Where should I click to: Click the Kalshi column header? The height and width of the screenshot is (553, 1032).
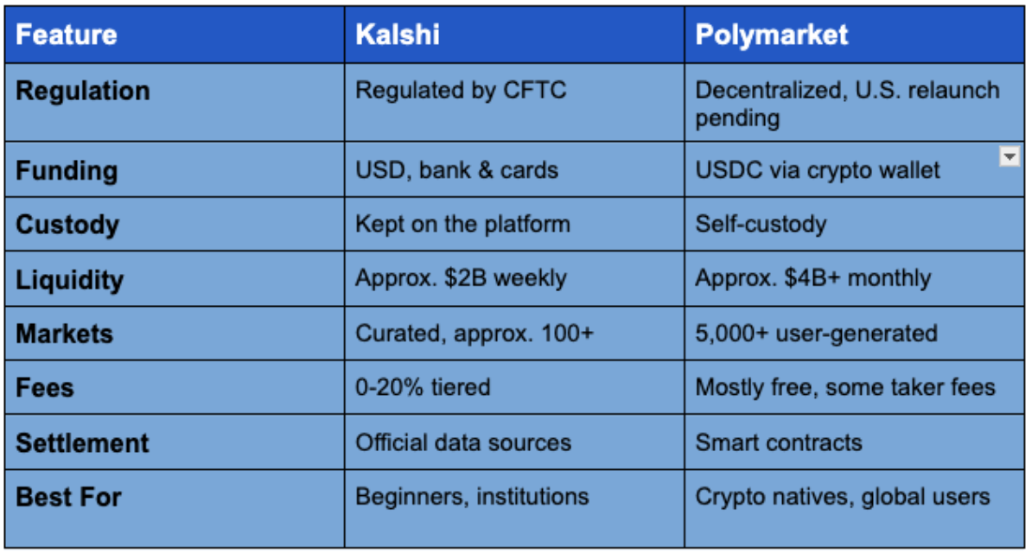398,35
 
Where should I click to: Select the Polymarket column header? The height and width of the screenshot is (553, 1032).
772,35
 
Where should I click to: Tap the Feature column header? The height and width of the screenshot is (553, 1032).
67,35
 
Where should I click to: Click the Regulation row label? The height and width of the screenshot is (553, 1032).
83,91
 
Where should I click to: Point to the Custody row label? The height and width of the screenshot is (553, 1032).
67,225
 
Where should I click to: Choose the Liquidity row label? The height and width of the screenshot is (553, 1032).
70,279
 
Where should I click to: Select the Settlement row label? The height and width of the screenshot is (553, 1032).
83,443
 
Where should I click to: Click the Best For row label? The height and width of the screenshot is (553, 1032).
69,498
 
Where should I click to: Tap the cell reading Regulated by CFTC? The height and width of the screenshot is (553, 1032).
461,90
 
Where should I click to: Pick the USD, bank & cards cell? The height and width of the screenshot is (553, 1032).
456,170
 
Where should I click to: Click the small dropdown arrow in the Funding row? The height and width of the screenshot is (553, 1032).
1009,156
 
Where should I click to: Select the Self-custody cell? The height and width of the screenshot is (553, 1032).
761,225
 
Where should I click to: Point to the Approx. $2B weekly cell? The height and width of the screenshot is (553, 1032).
461,278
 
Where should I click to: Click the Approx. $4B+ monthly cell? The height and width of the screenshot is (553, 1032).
812,278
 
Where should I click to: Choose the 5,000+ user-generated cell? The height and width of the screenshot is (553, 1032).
816,333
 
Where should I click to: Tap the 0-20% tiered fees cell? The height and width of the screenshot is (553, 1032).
423,387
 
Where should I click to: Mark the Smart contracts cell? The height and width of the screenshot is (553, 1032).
779,443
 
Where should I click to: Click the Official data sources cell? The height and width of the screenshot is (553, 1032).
463,443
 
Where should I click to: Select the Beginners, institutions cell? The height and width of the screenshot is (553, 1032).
472,497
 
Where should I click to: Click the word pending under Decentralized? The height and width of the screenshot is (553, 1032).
737,118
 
